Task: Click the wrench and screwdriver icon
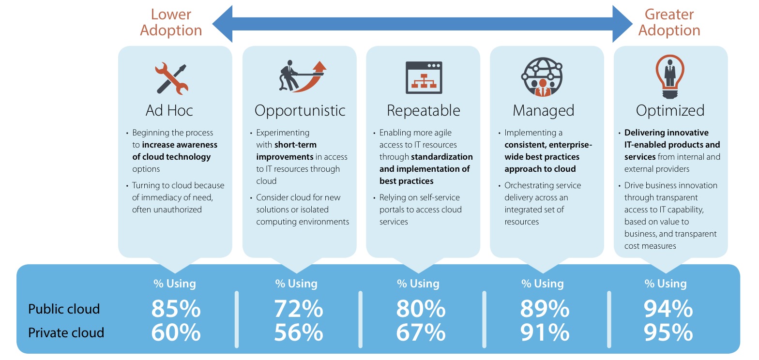click(x=171, y=78)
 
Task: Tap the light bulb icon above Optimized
click(x=670, y=76)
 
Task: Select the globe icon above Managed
click(x=542, y=77)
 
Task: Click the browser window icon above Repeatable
click(x=424, y=77)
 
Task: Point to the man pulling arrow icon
click(x=303, y=76)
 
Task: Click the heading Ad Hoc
click(x=169, y=110)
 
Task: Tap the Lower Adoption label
click(x=171, y=22)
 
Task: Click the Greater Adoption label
click(x=669, y=22)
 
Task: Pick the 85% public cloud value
click(x=176, y=309)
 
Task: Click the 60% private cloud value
click(x=176, y=332)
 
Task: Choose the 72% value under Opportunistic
click(x=299, y=309)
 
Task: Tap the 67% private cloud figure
click(x=421, y=332)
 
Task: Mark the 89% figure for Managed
click(x=545, y=309)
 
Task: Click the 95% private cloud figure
click(x=668, y=332)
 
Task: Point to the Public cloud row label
click(x=64, y=309)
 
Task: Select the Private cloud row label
click(x=66, y=332)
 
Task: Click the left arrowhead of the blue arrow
click(x=222, y=24)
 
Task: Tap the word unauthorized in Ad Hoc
click(x=178, y=210)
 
